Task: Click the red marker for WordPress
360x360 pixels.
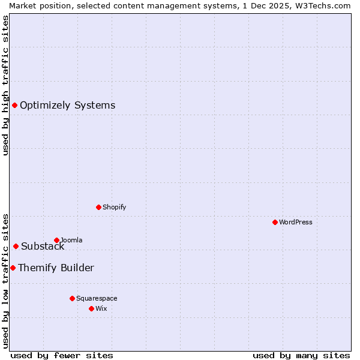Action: click(x=275, y=222)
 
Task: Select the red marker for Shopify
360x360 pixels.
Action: click(x=98, y=207)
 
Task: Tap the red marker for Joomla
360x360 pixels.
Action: click(x=56, y=240)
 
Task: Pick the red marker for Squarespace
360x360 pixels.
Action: click(x=72, y=298)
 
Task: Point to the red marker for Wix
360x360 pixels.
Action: click(x=91, y=308)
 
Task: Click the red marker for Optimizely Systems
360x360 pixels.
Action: click(x=14, y=105)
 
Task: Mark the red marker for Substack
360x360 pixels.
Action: click(x=16, y=246)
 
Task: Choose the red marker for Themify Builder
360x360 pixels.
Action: click(x=13, y=268)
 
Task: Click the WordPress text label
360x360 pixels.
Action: click(x=296, y=222)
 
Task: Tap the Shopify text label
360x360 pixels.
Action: click(x=114, y=207)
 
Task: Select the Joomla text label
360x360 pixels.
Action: click(x=71, y=240)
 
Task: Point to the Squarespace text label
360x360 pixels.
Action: click(x=97, y=298)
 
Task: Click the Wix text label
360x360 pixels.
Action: click(x=101, y=308)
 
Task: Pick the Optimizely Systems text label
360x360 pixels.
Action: click(x=67, y=105)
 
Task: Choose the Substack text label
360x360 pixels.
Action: click(x=43, y=246)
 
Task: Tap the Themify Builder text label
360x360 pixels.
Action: click(x=56, y=268)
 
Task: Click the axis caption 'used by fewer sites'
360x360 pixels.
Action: click(x=62, y=355)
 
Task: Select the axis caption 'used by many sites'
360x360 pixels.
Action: click(x=301, y=355)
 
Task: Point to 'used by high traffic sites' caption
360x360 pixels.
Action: click(x=5, y=85)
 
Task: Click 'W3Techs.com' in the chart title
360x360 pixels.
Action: click(x=322, y=5)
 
